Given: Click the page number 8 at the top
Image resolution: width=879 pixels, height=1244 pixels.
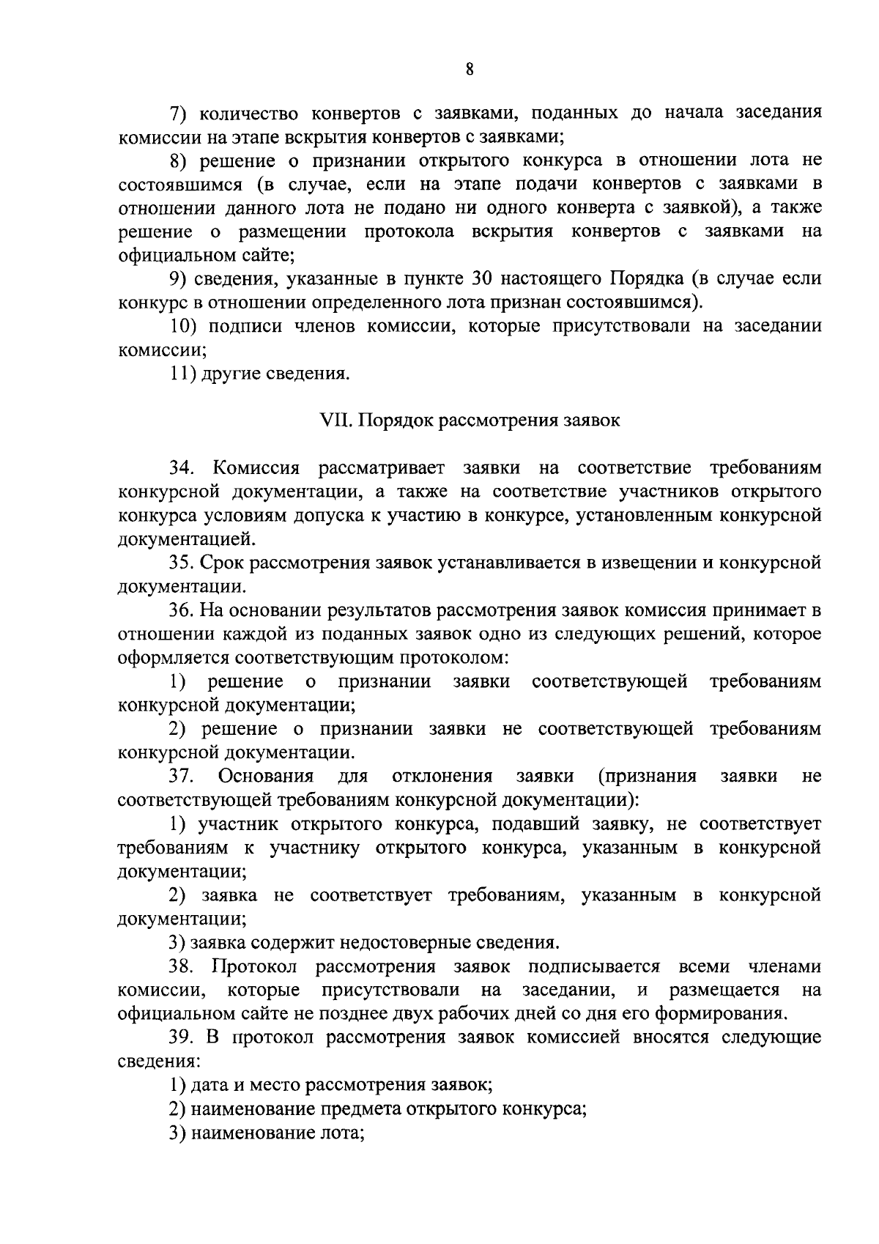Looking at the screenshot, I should click(470, 70).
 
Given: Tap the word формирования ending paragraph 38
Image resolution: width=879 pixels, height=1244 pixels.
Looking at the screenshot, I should click(731, 1015).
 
